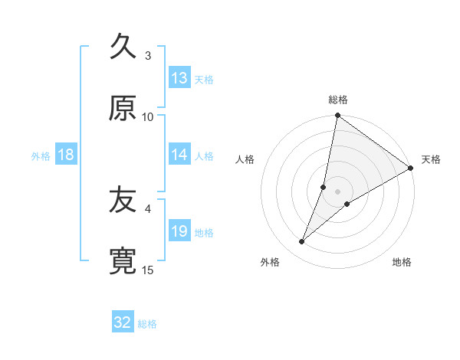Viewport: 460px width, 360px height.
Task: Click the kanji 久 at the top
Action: pyautogui.click(x=123, y=47)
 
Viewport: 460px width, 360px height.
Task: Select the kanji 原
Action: pyautogui.click(x=123, y=108)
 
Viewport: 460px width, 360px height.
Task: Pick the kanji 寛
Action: pyautogui.click(x=123, y=262)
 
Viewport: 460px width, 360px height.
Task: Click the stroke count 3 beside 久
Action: pyautogui.click(x=148, y=55)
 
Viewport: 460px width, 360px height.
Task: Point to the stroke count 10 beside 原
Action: pyautogui.click(x=148, y=116)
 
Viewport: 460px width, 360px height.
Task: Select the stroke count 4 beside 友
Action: pyautogui.click(x=148, y=208)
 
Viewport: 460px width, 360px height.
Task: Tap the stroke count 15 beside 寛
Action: pyautogui.click(x=148, y=270)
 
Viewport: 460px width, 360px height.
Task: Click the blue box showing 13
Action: pyautogui.click(x=179, y=78)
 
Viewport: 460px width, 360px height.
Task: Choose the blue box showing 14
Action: pyautogui.click(x=179, y=155)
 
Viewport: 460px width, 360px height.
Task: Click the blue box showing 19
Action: pyautogui.click(x=179, y=231)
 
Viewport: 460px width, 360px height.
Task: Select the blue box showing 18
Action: pyautogui.click(x=66, y=155)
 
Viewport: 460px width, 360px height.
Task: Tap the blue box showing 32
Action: pyautogui.click(x=123, y=322)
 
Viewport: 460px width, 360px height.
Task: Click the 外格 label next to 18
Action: pyautogui.click(x=41, y=155)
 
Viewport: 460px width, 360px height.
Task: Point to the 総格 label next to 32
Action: pyautogui.click(x=147, y=324)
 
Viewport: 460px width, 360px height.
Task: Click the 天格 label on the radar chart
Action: pyautogui.click(x=431, y=159)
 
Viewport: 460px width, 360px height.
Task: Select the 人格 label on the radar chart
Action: pyautogui.click(x=245, y=159)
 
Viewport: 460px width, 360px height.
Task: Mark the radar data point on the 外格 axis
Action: pyautogui.click(x=302, y=242)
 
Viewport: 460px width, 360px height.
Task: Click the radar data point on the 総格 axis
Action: pyautogui.click(x=337, y=116)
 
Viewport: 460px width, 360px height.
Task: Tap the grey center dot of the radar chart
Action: pyautogui.click(x=337, y=191)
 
